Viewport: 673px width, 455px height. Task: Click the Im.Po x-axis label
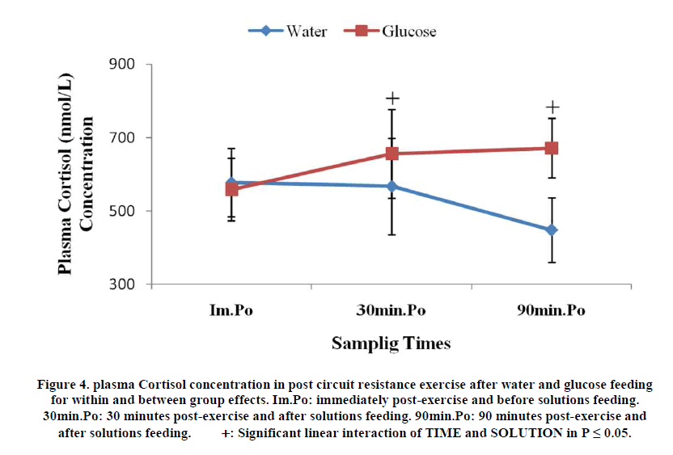coord(231,311)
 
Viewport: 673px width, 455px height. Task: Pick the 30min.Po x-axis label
coord(392,311)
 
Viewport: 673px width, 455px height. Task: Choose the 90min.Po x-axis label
coord(551,311)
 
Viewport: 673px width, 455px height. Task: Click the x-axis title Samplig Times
coord(391,343)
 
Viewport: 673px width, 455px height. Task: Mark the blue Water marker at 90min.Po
coord(552,230)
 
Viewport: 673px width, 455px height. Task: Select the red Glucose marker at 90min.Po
coord(552,148)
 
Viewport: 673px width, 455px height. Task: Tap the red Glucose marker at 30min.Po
coord(392,154)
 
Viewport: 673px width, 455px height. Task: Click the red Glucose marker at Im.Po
coord(232,189)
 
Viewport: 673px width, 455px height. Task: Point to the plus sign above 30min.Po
coord(392,99)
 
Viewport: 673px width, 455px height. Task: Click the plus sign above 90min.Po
coord(552,107)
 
